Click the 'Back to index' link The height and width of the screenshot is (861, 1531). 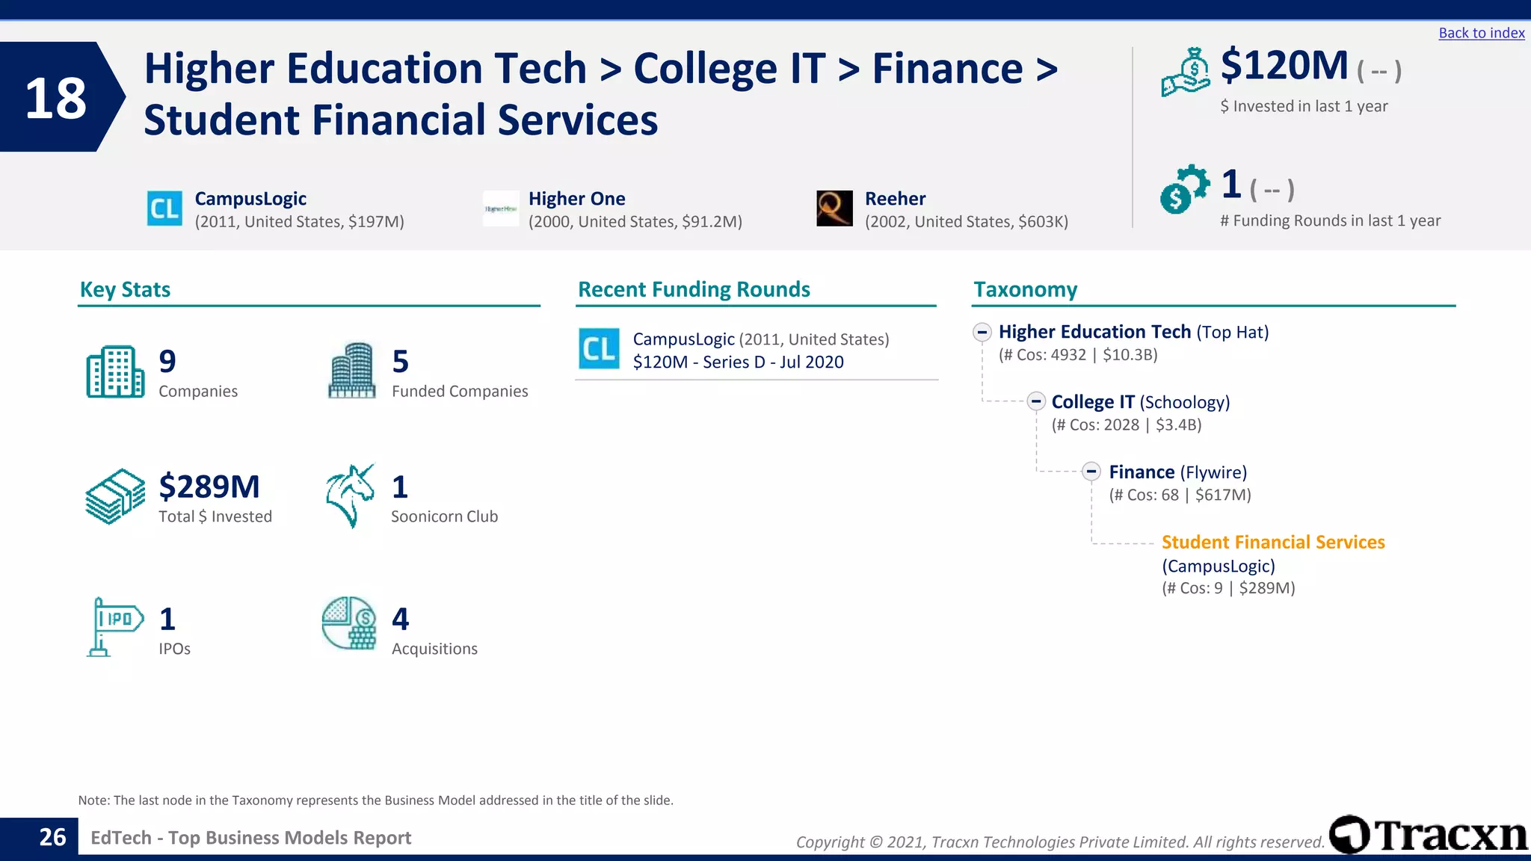1481,33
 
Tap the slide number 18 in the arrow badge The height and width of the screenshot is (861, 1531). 55,98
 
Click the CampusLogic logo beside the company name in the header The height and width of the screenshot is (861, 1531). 164,209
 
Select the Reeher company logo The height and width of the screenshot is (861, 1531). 834,209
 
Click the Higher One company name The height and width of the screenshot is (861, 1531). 576,199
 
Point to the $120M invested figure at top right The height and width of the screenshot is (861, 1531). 1284,66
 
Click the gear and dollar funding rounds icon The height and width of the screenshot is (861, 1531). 1183,189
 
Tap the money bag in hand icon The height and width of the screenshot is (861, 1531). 1186,72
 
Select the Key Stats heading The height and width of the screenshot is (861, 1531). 125,289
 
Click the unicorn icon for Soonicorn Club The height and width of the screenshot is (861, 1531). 350,495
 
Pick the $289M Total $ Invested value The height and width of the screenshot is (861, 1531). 209,487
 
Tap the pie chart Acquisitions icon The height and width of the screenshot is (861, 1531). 349,623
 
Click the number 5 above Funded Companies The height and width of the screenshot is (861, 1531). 400,362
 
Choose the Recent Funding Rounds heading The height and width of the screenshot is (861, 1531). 694,289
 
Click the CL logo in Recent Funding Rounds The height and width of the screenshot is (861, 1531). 599,349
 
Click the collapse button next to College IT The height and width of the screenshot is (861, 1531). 1035,401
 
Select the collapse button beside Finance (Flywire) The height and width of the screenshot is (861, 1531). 1091,472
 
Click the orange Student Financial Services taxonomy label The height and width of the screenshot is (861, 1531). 1272,542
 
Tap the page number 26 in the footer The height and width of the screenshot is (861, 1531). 52,837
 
